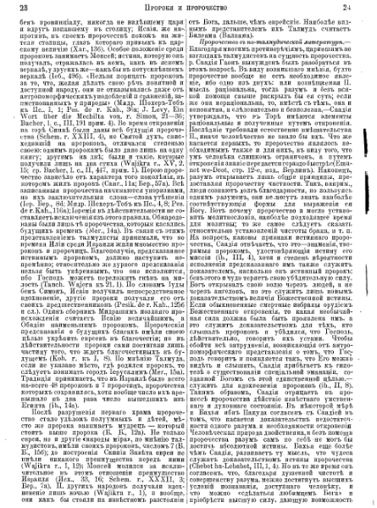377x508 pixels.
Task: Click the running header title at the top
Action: tap(187, 8)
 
